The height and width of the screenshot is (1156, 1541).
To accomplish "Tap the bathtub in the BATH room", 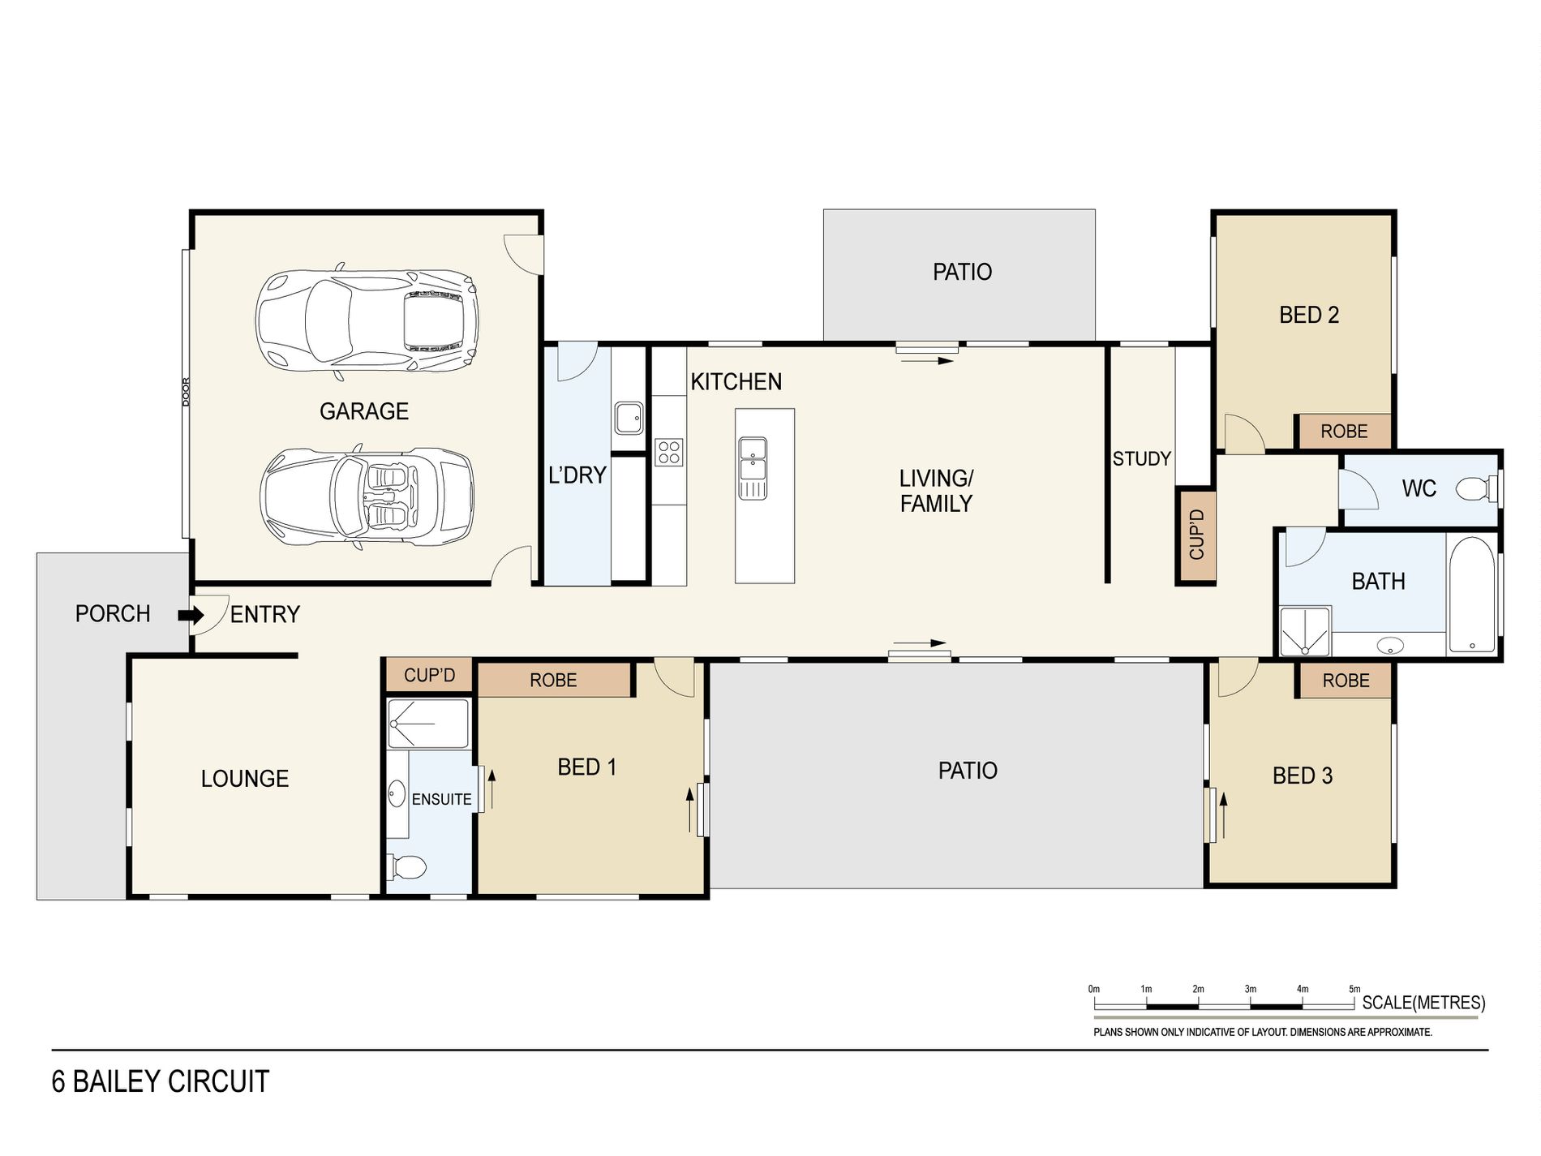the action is tap(1472, 593).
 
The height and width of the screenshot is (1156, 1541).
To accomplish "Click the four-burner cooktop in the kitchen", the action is tap(669, 452).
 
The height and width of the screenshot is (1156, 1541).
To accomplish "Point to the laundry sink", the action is tap(628, 418).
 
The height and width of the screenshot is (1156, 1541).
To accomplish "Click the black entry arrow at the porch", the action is tap(191, 615).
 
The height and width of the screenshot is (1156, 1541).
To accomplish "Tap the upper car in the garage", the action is tap(367, 319).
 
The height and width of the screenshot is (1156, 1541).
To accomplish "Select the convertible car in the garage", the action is tap(367, 497).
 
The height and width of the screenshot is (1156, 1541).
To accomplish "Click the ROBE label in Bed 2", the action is tap(1344, 432).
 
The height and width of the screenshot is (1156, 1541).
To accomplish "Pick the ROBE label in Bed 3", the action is tap(1346, 681).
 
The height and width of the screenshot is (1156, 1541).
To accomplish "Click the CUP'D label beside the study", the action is tap(1196, 535).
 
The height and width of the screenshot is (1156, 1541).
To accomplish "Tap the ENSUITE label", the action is tap(441, 799).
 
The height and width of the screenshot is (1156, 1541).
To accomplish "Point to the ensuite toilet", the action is tap(408, 867).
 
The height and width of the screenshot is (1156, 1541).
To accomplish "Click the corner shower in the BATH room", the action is tap(1305, 631).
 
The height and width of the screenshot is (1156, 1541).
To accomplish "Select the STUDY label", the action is tap(1141, 459).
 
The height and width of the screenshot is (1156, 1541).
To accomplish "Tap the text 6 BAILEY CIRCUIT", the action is tap(161, 1081).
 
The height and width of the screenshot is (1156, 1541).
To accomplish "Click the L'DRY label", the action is tap(577, 475).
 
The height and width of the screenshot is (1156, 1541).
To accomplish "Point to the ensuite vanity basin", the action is tap(397, 793).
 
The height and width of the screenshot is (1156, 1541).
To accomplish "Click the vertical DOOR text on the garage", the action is tap(186, 392).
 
